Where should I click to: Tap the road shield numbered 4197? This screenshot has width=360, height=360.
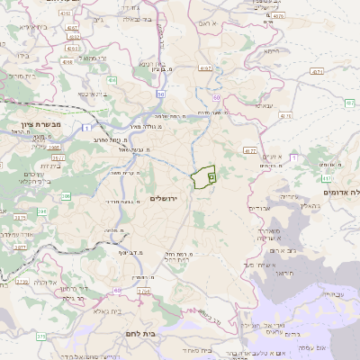[205, 67]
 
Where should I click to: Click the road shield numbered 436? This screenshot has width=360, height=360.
[112, 81]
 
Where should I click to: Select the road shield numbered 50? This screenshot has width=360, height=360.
[160, 94]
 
